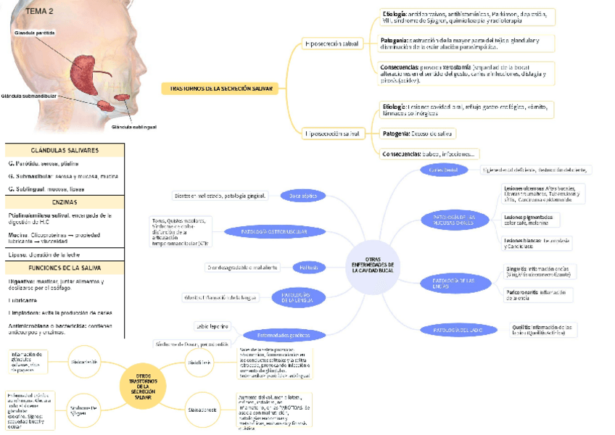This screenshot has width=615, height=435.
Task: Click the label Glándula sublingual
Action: click(133, 126)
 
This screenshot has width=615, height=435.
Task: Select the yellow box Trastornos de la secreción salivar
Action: click(221, 88)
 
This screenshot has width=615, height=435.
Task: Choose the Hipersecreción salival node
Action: click(332, 133)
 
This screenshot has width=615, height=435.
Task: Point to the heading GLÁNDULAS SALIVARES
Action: click(64, 150)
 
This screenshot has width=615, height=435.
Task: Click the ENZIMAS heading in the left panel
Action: click(64, 202)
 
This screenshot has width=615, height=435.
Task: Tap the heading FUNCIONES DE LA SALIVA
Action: click(64, 268)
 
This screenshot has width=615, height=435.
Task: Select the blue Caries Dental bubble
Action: click(444, 170)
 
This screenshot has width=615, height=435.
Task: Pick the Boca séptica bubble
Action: click(303, 195)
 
